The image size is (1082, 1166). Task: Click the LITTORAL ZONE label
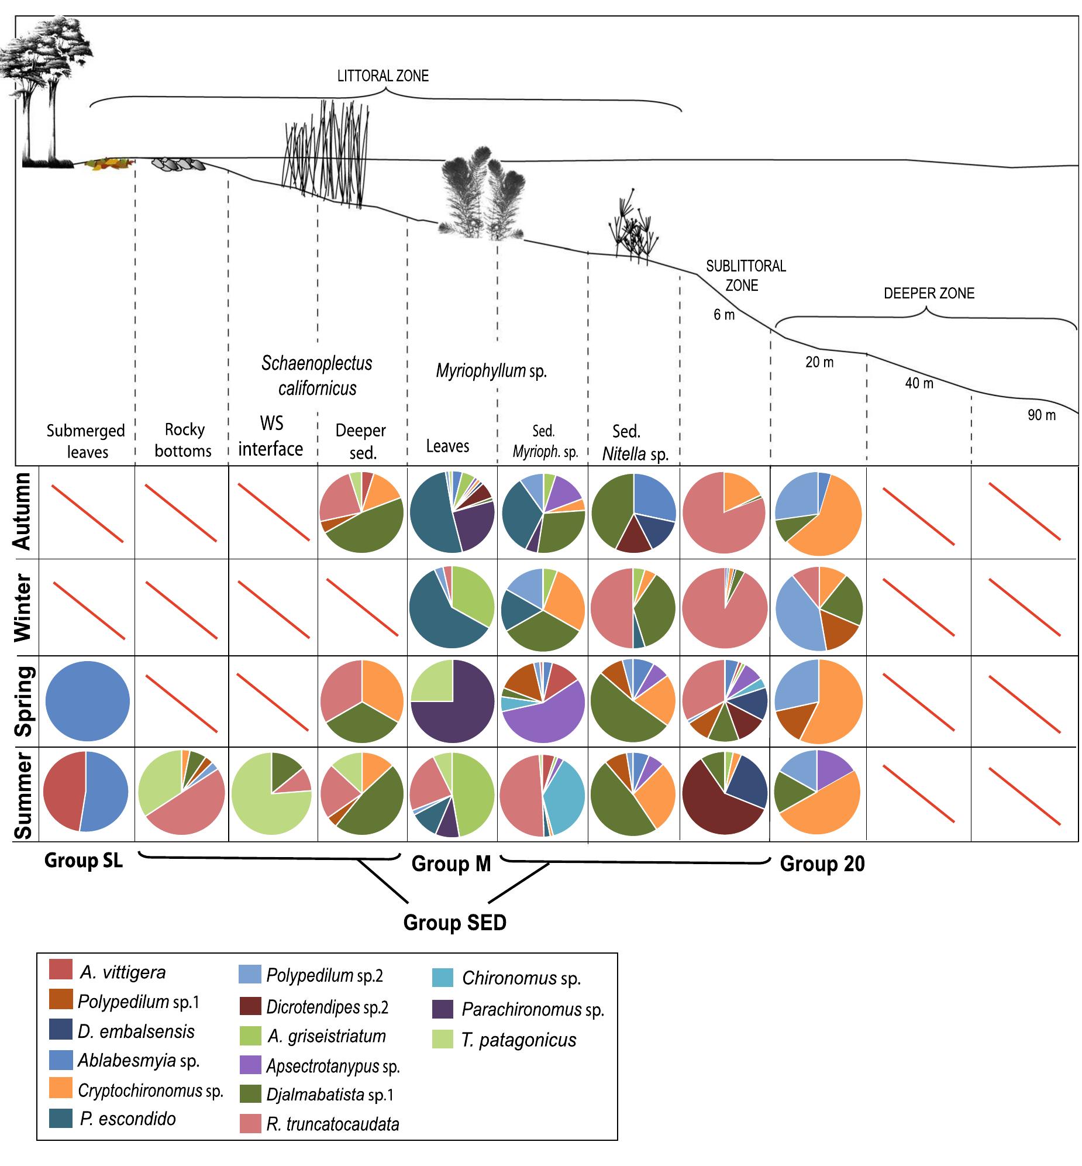click(x=383, y=76)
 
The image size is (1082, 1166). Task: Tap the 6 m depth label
click(x=723, y=315)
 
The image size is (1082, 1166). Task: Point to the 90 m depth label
click(x=1042, y=415)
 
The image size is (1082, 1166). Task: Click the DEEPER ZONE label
click(x=929, y=294)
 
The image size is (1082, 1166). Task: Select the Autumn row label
click(x=22, y=511)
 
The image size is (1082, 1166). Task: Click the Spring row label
click(x=23, y=701)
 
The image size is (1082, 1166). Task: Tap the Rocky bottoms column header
click(x=183, y=440)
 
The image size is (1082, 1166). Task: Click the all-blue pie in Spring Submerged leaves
click(x=87, y=701)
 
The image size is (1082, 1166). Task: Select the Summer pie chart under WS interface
click(x=272, y=793)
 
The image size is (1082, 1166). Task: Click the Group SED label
click(x=454, y=923)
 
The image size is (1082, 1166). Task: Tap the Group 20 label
click(x=822, y=864)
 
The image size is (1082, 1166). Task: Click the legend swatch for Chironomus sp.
click(x=442, y=978)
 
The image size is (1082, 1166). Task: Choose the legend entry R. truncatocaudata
click(x=333, y=1124)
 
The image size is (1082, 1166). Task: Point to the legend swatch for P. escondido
click(x=61, y=1118)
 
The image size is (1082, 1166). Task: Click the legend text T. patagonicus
click(x=518, y=1040)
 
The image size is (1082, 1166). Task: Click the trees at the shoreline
click(x=44, y=88)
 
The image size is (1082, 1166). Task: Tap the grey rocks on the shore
click(x=178, y=164)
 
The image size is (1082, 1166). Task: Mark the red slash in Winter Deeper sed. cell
click(x=362, y=607)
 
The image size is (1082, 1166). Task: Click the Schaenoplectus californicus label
click(x=317, y=376)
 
